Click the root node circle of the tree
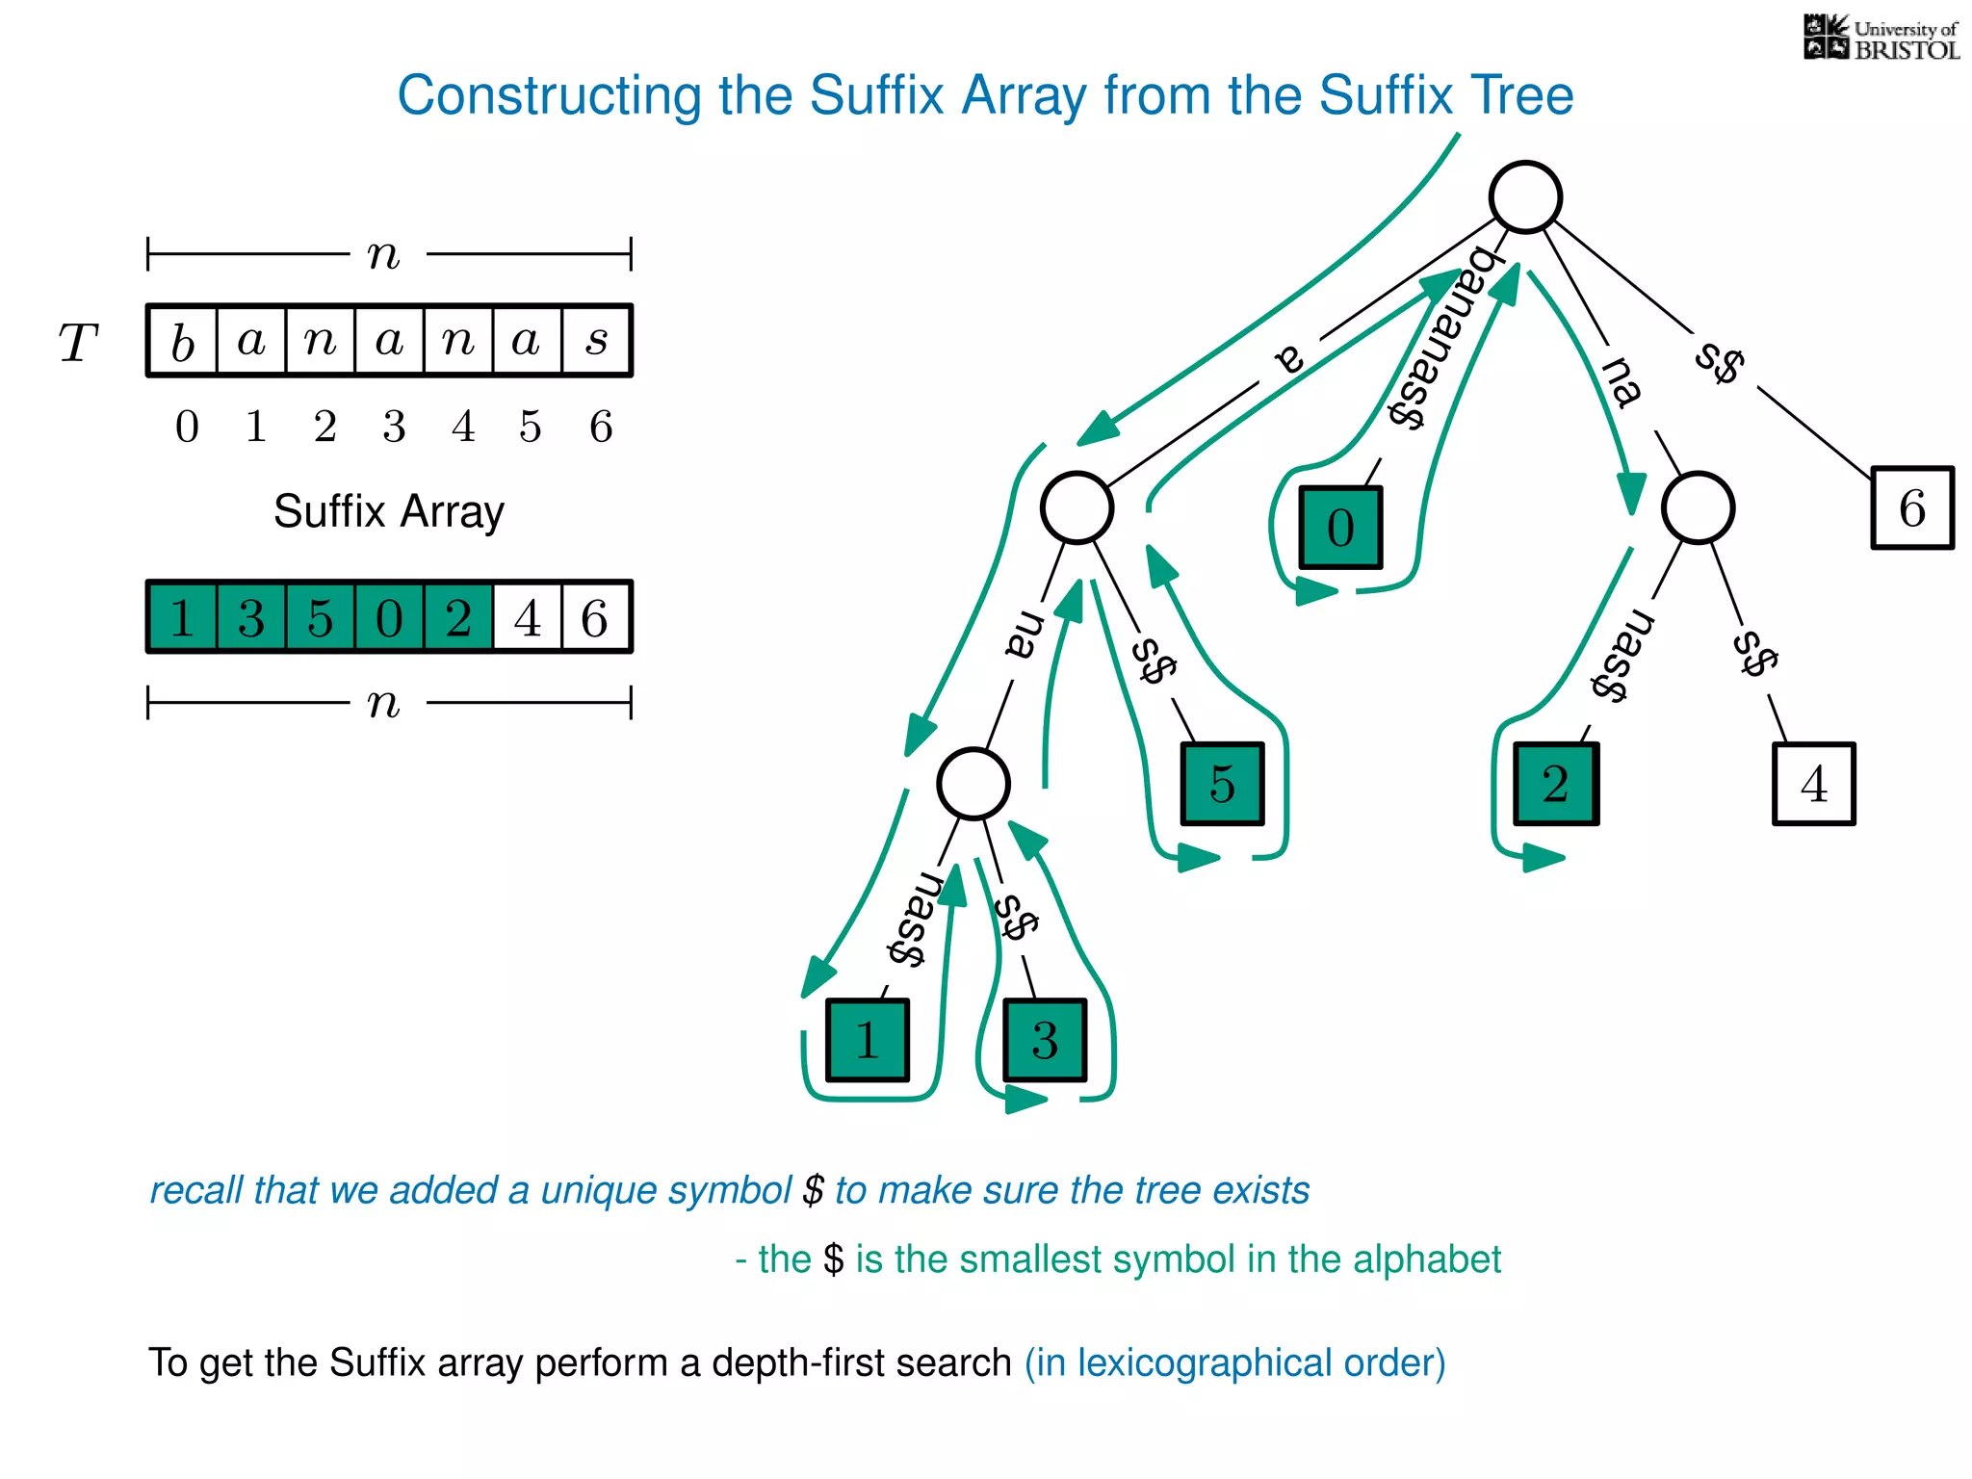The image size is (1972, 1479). click(x=1524, y=197)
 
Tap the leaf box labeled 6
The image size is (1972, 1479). click(x=1911, y=507)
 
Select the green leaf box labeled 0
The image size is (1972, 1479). click(x=1340, y=528)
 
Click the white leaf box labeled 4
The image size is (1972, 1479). click(x=1813, y=784)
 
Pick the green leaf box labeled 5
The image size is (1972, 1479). click(x=1222, y=784)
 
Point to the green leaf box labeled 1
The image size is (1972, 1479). click(x=867, y=1040)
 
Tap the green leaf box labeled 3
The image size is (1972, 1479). click(x=1045, y=1040)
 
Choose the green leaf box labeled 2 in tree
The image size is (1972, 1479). click(x=1555, y=784)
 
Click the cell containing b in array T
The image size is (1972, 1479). click(x=183, y=341)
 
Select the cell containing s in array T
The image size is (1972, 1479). click(x=597, y=341)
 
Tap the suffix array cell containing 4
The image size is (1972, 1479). click(x=528, y=617)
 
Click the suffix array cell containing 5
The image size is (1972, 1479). click(x=320, y=617)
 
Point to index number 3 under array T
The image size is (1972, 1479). click(x=394, y=427)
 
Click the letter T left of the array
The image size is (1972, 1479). click(x=78, y=343)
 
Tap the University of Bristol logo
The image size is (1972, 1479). click(x=1881, y=39)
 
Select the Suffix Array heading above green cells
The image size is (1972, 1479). click(x=388, y=511)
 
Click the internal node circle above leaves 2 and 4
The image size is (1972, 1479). click(x=1698, y=507)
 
